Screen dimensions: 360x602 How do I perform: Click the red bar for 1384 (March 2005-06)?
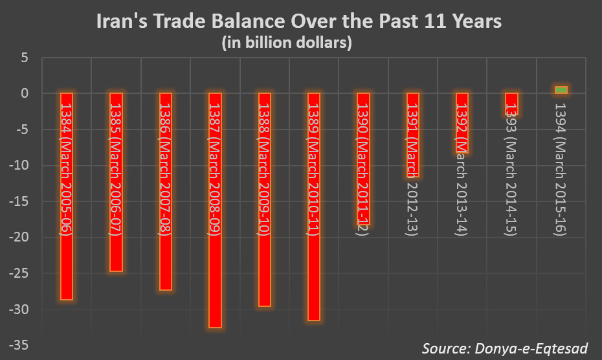(66, 196)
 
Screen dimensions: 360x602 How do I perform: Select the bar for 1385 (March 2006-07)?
(116, 182)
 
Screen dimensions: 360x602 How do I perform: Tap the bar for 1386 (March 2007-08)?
(165, 191)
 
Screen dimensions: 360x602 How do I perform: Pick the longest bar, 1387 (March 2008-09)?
(215, 210)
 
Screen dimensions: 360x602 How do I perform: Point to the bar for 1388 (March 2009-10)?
(264, 199)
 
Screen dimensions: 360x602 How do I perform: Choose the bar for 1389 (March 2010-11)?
(314, 206)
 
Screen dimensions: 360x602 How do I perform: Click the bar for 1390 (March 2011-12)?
(363, 159)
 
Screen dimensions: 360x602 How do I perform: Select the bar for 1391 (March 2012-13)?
(413, 135)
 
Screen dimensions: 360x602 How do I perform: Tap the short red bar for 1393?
(511, 104)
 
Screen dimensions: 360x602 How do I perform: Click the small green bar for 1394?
(561, 90)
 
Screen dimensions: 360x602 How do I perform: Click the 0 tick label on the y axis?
(25, 93)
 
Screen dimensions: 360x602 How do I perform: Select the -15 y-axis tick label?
(19, 201)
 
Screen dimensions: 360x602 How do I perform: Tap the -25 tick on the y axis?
(19, 273)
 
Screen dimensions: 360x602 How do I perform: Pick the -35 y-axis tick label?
(19, 345)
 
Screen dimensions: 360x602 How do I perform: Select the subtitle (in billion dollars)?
(286, 43)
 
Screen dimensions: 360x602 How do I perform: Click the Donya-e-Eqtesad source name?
(530, 348)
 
